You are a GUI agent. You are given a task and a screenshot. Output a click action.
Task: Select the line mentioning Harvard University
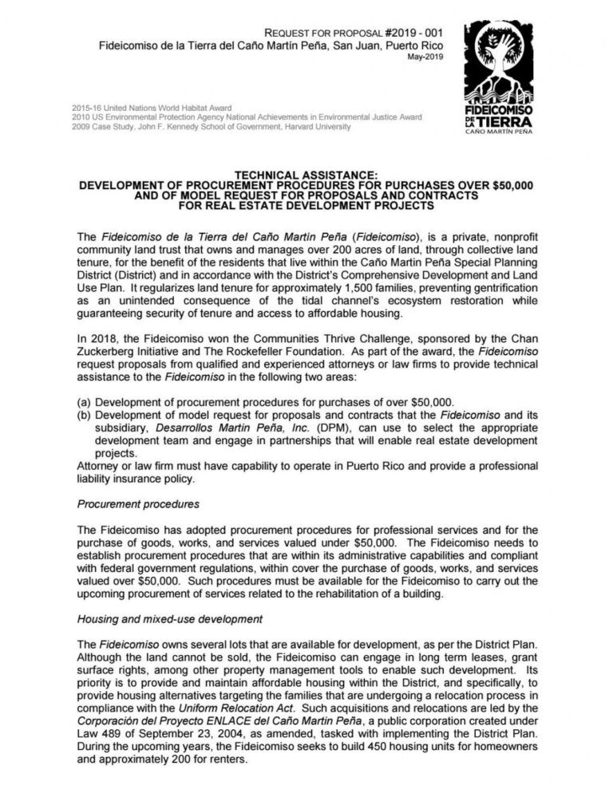[211, 126]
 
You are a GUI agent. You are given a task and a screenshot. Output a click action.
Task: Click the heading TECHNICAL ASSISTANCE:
[306, 175]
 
